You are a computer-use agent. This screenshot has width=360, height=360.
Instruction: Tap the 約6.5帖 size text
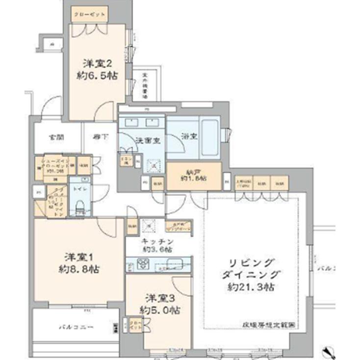(97, 76)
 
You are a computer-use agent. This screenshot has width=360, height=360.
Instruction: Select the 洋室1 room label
(78, 257)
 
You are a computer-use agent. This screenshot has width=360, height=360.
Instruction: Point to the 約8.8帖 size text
(78, 270)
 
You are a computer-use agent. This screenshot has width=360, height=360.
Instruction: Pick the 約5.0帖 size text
(159, 310)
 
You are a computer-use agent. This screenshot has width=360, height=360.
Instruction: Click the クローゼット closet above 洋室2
(89, 15)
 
